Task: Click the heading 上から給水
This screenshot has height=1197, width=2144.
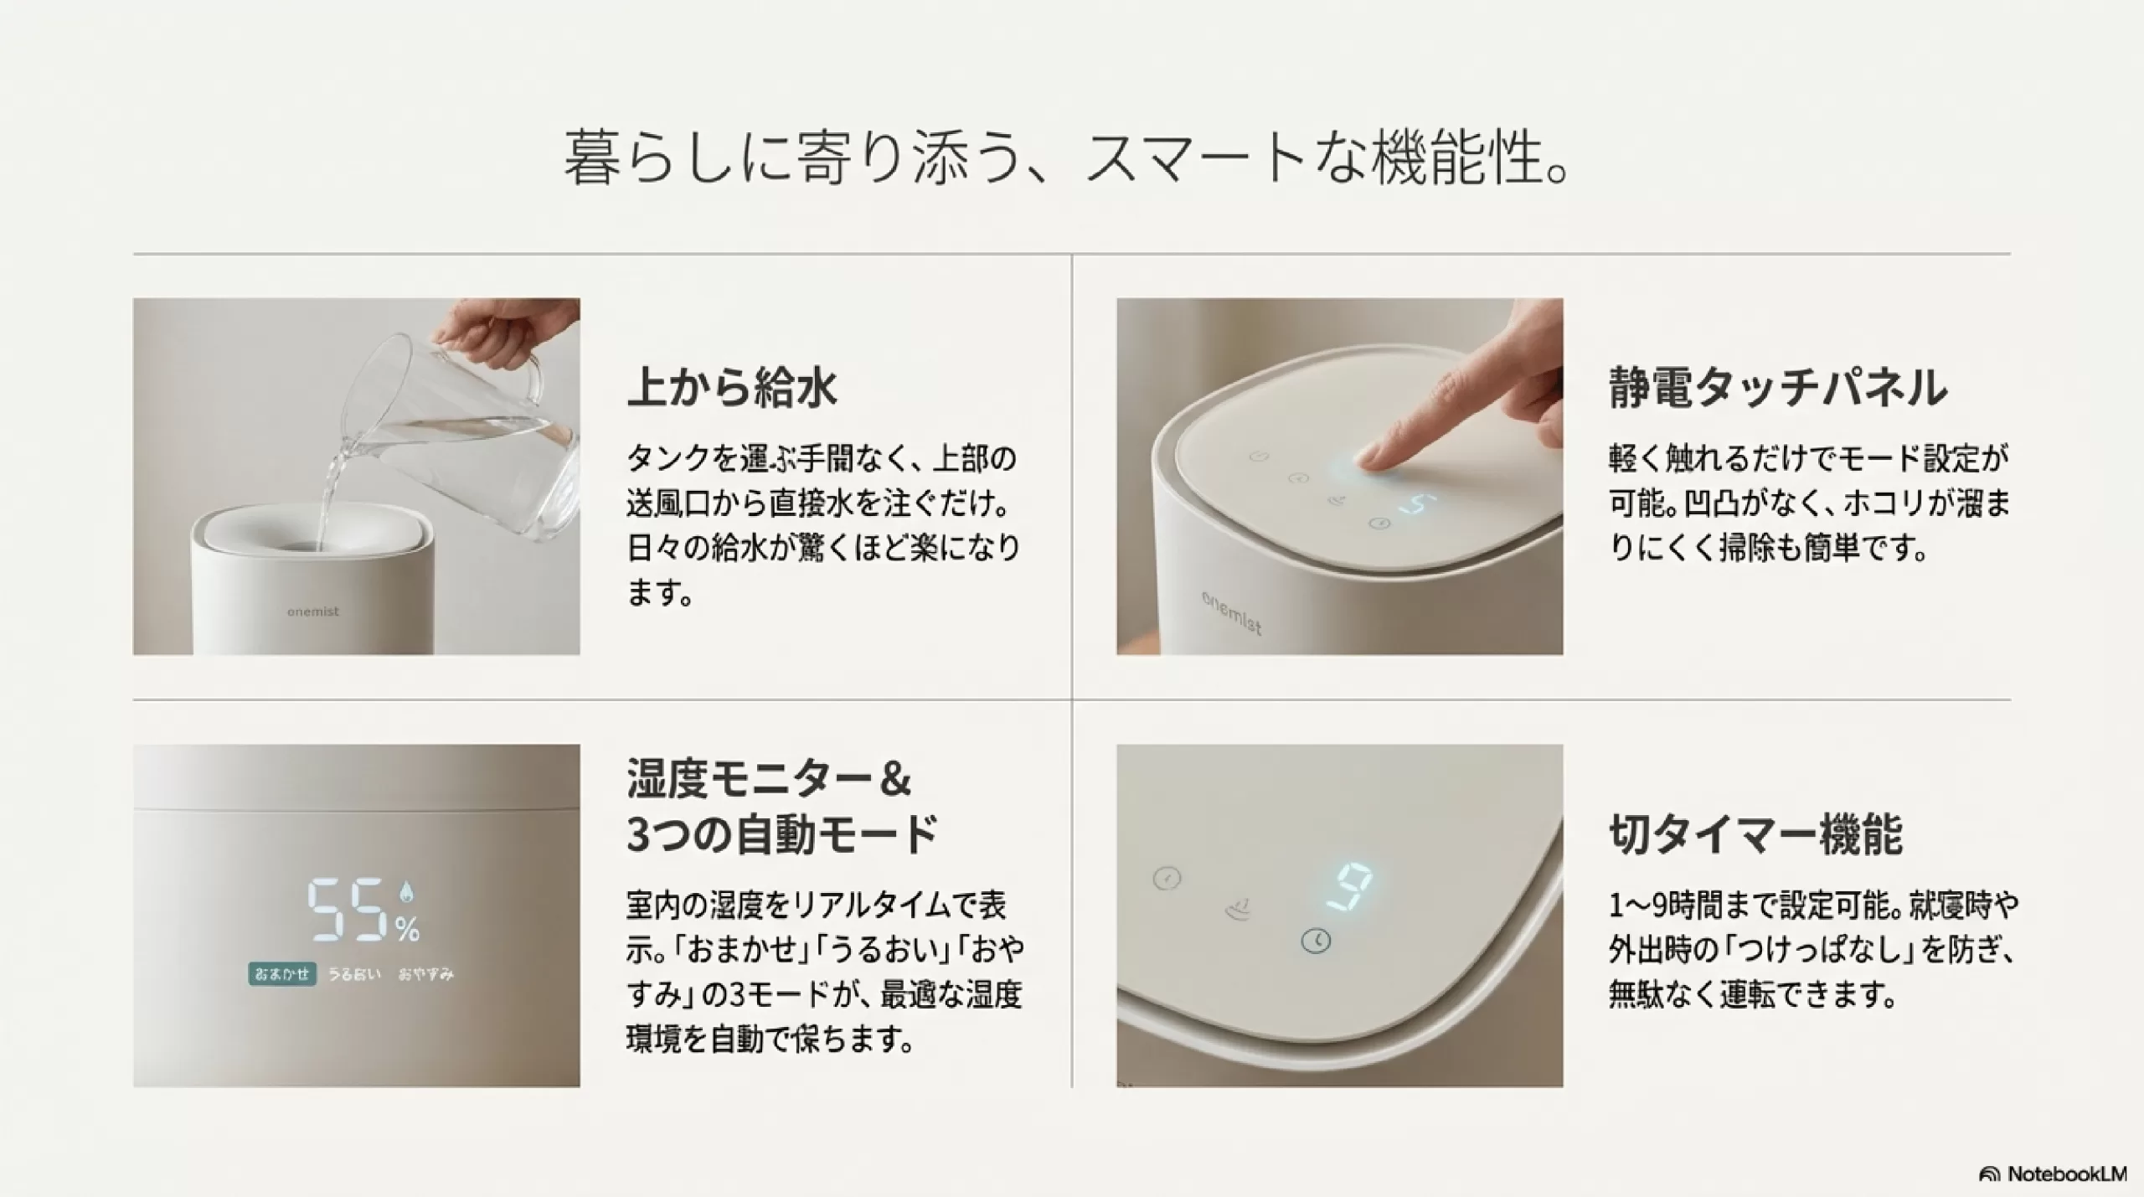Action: [x=731, y=388]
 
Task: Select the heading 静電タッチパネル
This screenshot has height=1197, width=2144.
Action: [x=1778, y=388]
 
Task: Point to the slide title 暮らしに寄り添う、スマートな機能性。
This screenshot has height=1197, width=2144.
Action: [x=1066, y=157]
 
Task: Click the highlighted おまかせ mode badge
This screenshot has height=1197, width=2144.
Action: [x=282, y=974]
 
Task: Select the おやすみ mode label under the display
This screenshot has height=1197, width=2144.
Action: [x=425, y=974]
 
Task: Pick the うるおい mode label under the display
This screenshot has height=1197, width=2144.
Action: [x=354, y=974]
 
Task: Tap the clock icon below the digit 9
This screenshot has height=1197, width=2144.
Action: [x=1317, y=941]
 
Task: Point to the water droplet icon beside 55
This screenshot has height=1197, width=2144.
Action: [x=407, y=893]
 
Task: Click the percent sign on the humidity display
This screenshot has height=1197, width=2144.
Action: [x=408, y=929]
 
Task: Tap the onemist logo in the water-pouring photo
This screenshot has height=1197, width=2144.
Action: [x=313, y=611]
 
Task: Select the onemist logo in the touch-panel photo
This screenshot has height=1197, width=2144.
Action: [x=1231, y=613]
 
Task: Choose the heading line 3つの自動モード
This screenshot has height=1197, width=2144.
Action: [x=782, y=834]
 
